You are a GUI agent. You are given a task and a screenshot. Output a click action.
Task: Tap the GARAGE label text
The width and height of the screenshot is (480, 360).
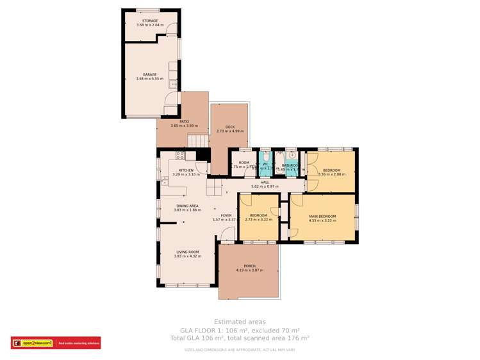151,74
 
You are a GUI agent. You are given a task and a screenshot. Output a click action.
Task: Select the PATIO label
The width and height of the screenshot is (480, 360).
184,121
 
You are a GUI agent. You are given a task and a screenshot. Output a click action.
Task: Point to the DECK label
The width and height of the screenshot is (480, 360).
229,127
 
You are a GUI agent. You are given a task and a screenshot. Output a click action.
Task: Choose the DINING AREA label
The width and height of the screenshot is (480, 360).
187,206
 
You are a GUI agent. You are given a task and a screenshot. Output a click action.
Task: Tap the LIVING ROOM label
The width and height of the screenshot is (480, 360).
188,252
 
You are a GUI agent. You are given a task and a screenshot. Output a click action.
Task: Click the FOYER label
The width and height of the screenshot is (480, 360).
226,215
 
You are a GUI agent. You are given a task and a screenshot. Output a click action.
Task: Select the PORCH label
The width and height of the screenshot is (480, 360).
249,266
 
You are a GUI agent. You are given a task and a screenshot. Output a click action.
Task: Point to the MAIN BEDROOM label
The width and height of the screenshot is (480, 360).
322,216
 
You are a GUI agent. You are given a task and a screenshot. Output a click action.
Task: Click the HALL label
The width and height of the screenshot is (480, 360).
265,182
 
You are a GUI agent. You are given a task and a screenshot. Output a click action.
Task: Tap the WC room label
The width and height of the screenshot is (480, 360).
265,164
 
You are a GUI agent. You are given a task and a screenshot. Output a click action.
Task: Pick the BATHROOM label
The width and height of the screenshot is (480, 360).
290,165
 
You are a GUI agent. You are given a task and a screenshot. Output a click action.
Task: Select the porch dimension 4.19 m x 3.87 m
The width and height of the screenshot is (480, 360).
249,270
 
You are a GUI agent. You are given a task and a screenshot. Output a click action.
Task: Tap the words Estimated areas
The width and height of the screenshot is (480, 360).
240,322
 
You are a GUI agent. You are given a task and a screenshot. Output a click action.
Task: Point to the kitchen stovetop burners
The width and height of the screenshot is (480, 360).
181,154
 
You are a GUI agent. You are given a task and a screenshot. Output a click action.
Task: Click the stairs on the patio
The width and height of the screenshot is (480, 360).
198,140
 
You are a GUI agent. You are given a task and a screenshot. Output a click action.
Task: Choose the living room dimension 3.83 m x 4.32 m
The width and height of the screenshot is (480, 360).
188,256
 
